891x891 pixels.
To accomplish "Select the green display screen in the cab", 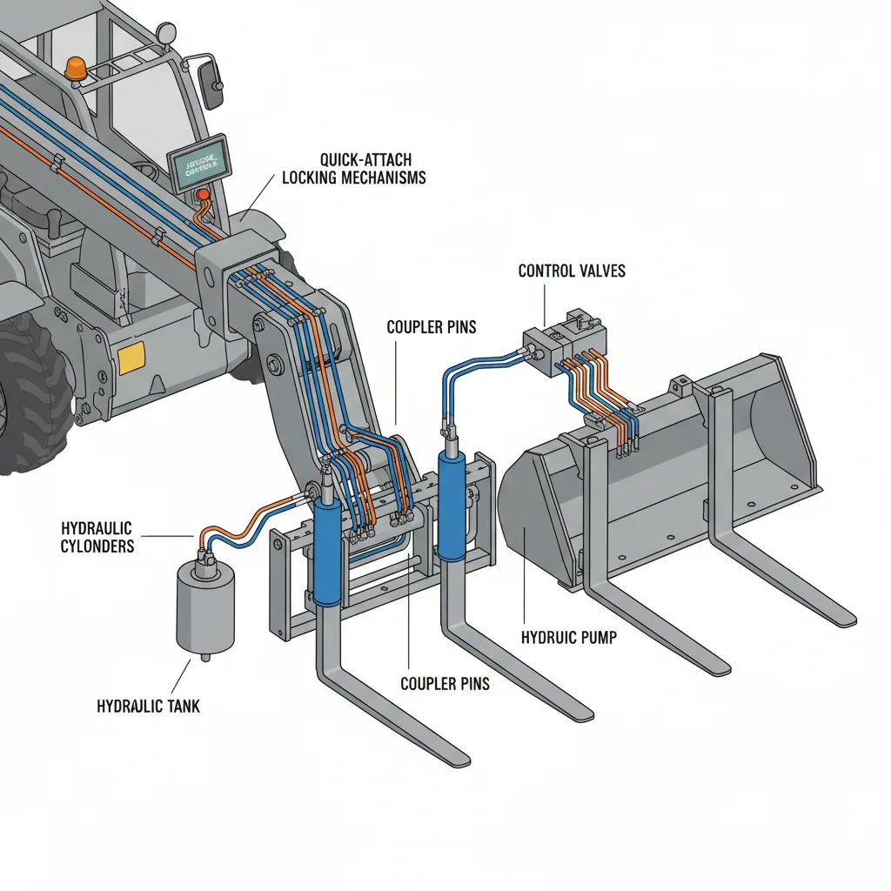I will [197, 162].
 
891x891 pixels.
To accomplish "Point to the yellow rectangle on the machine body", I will [131, 358].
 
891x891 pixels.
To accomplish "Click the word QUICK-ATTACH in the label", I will [365, 160].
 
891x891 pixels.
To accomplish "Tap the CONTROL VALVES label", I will [571, 271].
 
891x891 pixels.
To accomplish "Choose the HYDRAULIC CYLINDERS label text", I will [97, 537].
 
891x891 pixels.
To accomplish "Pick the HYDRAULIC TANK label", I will [148, 706].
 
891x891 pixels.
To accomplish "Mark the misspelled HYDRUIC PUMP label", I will [568, 638].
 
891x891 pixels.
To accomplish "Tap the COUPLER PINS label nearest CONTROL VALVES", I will [430, 328].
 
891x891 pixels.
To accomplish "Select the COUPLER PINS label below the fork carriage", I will [445, 683].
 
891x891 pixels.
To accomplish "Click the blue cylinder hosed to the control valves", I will [452, 505].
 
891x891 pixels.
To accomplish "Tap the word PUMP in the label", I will [598, 638].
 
